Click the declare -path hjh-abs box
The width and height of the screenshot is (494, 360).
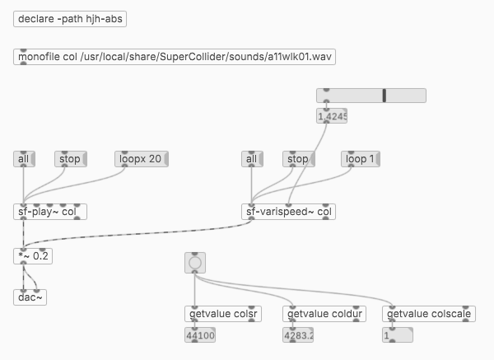[70, 19]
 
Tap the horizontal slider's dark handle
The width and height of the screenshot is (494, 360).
[384, 96]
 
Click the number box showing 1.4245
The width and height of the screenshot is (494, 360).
[332, 116]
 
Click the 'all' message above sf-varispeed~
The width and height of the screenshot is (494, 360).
[252, 158]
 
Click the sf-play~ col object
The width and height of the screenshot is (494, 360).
[50, 212]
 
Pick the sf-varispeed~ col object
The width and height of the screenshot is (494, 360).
[290, 212]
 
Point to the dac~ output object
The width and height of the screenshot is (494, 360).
[30, 297]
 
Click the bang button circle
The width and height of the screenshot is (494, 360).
[195, 264]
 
